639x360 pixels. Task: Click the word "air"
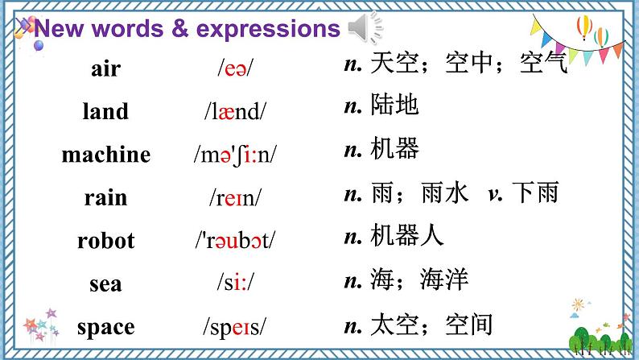coord(105,68)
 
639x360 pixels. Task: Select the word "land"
coord(105,111)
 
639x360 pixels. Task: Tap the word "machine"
coord(105,154)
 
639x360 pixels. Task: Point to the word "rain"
coord(105,197)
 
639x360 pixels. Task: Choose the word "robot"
coord(105,240)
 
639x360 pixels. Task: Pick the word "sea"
coord(105,283)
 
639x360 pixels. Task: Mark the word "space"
coord(105,326)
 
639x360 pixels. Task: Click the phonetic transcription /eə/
coord(234,68)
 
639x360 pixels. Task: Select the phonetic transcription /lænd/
coord(234,111)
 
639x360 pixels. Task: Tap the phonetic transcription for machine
coord(234,154)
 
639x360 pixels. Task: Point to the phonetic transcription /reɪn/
coord(234,197)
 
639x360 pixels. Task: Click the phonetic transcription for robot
coord(234,240)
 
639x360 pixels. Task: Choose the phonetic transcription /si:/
coord(234,283)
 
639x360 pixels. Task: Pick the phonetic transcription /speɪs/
coord(234,326)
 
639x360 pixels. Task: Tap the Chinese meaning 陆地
coord(395,105)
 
